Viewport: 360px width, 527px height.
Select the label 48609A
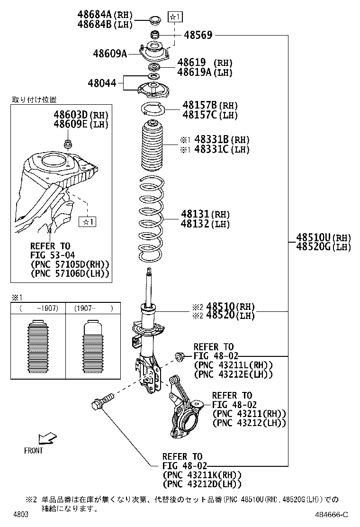tap(110, 54)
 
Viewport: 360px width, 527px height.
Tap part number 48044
tap(101, 83)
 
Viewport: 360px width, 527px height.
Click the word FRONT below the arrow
tap(33, 451)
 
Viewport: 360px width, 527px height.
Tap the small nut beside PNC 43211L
tap(180, 355)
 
